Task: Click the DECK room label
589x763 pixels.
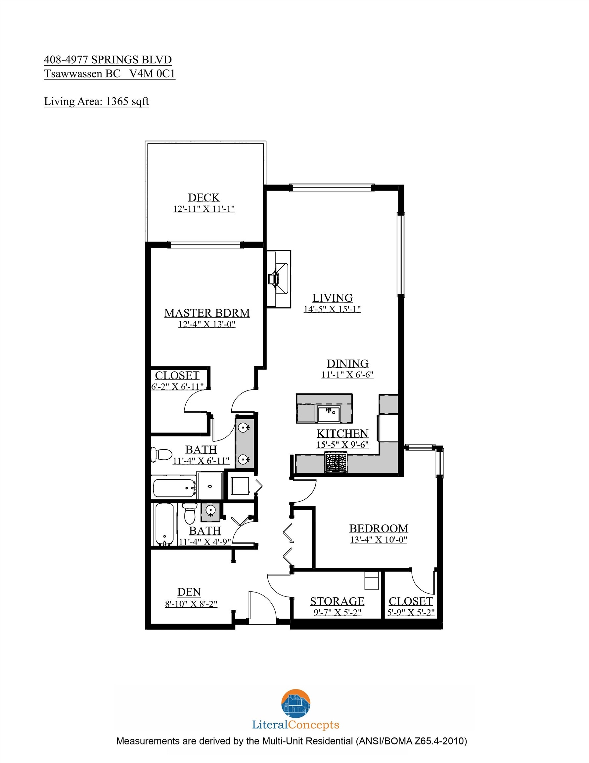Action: tap(204, 198)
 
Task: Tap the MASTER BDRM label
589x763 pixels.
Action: tap(207, 313)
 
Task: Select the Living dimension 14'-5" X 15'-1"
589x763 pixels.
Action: tap(332, 309)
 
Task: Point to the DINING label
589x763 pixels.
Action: tap(347, 364)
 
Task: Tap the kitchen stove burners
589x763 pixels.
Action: tap(336, 462)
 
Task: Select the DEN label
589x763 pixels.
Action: tap(189, 592)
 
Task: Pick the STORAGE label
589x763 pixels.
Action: tap(337, 601)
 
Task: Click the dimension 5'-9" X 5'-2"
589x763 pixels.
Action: tap(411, 612)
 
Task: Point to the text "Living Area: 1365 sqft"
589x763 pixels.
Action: tap(96, 101)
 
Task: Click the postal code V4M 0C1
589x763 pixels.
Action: tap(152, 74)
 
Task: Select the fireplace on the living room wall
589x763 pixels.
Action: tap(279, 279)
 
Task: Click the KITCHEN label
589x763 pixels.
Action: tap(342, 433)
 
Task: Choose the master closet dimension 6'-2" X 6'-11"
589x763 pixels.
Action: tap(177, 387)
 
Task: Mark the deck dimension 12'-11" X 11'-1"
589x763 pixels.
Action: tap(204, 209)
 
